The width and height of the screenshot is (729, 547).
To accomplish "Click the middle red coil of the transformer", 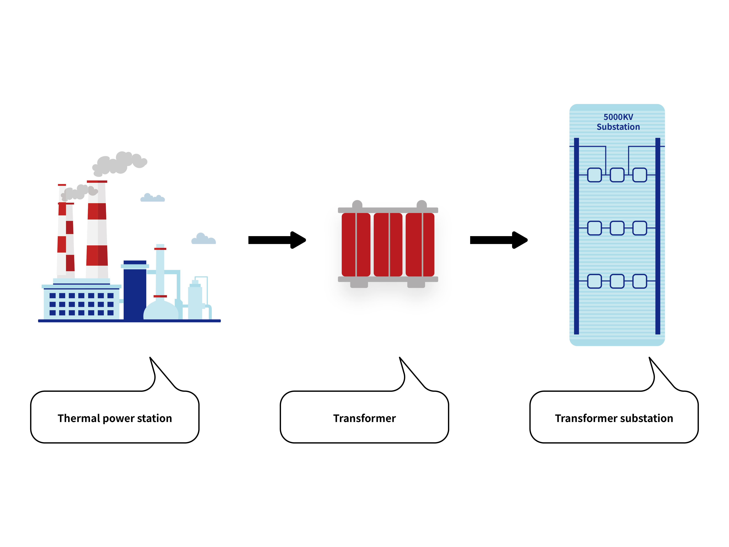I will pyautogui.click(x=388, y=244).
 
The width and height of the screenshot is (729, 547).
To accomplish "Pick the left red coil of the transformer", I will pyautogui.click(x=356, y=244).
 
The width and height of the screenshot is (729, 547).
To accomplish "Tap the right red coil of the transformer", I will pyautogui.click(x=420, y=244).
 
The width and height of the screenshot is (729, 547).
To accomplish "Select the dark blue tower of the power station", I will pyautogui.click(x=135, y=292).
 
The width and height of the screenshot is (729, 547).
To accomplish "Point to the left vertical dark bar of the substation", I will pyautogui.click(x=576, y=236).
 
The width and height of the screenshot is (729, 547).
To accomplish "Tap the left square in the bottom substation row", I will pyautogui.click(x=595, y=281).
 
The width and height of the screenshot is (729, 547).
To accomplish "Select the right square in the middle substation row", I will pyautogui.click(x=640, y=228).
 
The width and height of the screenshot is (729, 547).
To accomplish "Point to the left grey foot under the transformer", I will pyautogui.click(x=359, y=285).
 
